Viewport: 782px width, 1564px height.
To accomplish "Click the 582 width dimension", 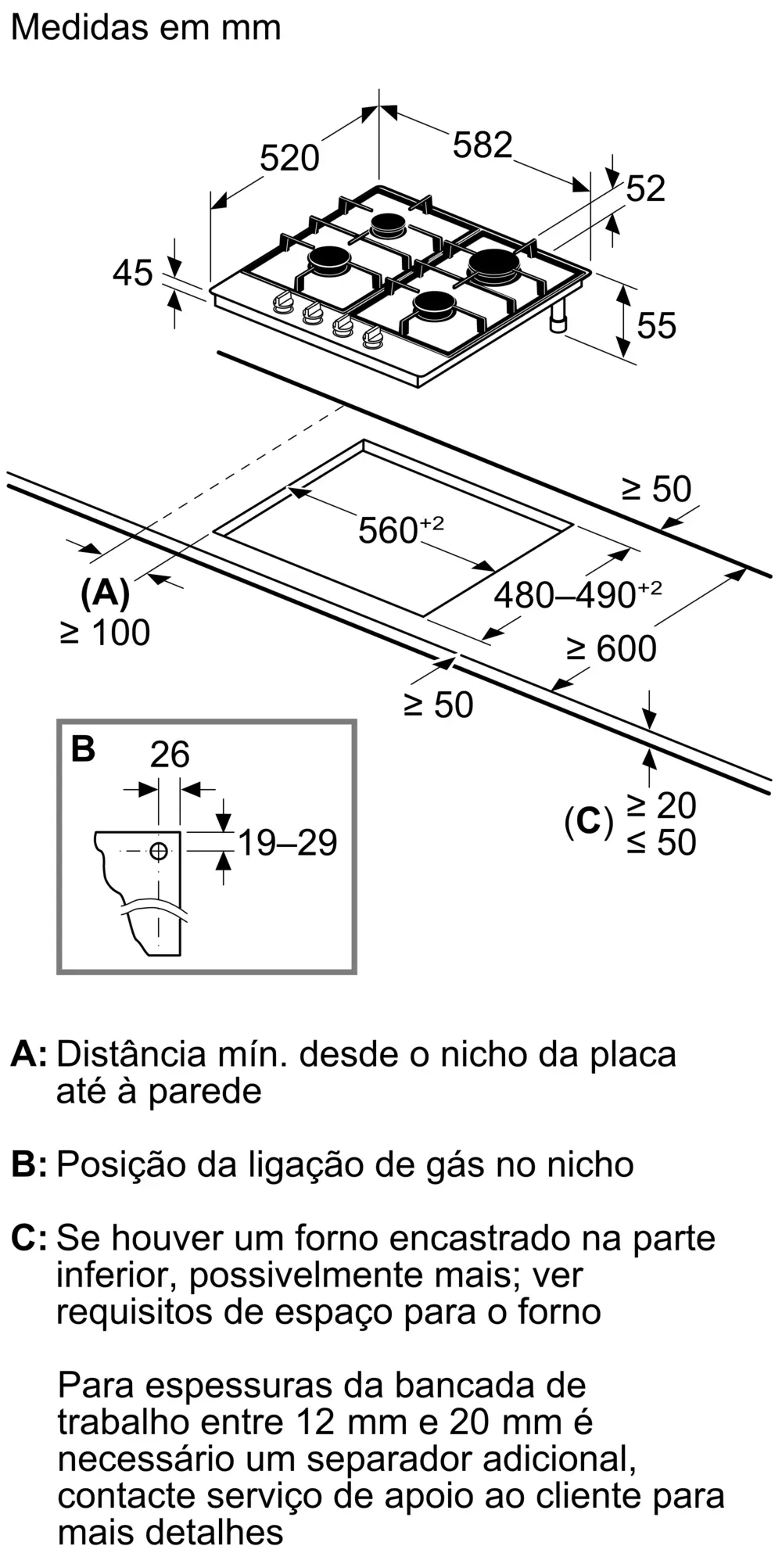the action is tap(482, 145).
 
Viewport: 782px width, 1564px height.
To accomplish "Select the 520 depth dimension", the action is tap(289, 158).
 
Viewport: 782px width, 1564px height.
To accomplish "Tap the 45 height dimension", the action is tap(132, 274).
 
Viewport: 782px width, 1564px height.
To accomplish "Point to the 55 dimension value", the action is tap(656, 325).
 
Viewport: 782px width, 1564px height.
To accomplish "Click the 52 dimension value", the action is tap(646, 189).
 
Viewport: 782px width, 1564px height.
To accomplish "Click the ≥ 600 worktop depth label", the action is tap(611, 648).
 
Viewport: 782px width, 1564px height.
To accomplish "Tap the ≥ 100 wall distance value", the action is tap(105, 632).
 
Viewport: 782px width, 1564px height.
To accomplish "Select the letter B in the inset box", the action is tap(83, 748).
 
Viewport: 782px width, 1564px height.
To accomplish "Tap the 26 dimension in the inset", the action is tap(170, 754).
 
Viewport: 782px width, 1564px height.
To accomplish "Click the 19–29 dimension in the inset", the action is tap(287, 842).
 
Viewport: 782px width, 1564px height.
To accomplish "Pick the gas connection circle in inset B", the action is tap(159, 851).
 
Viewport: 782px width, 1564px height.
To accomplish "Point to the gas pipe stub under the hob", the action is tap(559, 319).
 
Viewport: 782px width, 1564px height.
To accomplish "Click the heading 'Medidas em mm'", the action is tap(146, 27).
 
